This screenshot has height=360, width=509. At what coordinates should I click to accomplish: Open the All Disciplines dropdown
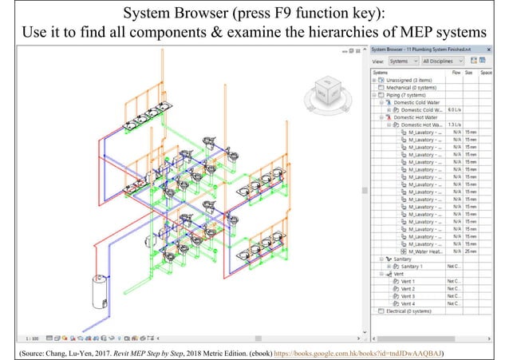coord(440,61)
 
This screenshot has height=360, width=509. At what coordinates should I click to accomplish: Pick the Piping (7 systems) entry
coord(408,94)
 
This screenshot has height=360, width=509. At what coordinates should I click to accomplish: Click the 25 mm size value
coord(471,251)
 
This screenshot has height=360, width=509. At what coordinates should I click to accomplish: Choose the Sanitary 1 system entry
coord(412,267)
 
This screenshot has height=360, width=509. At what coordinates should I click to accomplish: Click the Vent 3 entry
coord(408,296)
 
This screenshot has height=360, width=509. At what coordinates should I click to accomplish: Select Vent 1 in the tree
coord(408,281)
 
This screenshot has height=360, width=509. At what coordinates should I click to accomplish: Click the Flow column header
coord(456,72)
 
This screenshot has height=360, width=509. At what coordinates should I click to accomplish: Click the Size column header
coord(470,72)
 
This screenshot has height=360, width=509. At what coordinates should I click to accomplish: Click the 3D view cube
coord(326,90)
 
